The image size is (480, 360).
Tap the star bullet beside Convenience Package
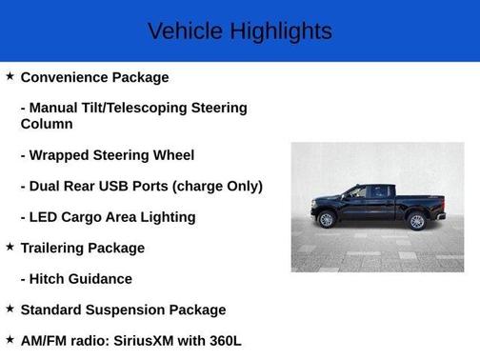10,75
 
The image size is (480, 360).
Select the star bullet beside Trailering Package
10,247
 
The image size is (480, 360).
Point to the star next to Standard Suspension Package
10,309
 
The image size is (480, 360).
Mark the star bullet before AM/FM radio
10,339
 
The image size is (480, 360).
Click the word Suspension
125,310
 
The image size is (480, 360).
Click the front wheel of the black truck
328,220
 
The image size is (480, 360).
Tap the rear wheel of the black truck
416,221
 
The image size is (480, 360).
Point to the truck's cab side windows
370,192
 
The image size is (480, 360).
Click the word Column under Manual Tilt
47,124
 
